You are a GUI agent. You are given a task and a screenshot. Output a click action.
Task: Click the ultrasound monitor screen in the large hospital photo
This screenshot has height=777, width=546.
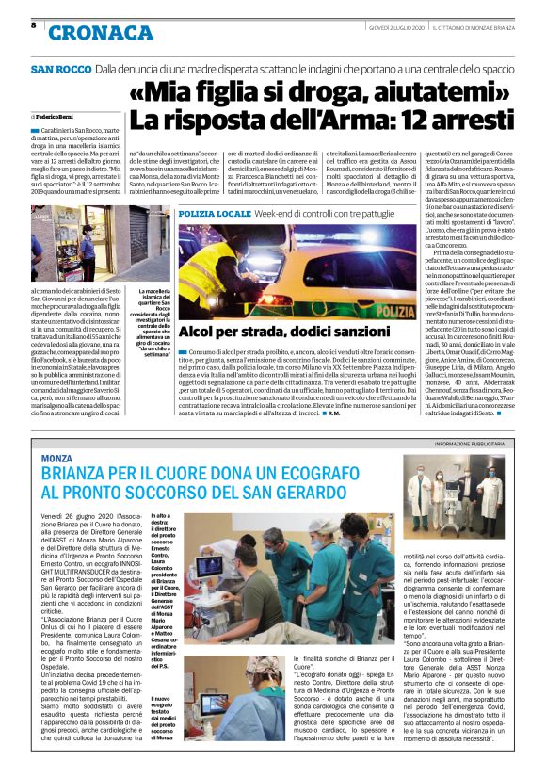pos(211,567)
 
